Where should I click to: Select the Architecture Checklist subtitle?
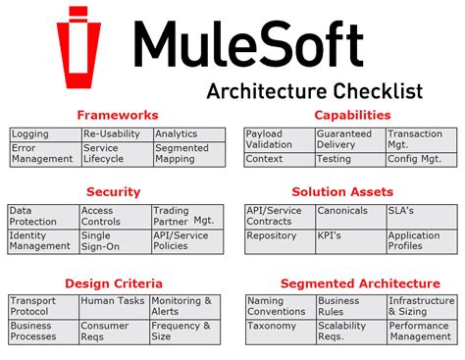tap(315, 91)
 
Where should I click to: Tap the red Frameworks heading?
tap(117, 115)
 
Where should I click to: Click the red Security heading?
tap(114, 191)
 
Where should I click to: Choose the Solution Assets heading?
tap(342, 191)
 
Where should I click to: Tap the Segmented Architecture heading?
tap(360, 283)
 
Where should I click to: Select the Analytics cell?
tap(177, 134)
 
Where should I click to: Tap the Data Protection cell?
tap(32, 216)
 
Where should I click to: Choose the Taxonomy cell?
tap(272, 326)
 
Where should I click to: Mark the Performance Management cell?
tap(420, 332)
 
